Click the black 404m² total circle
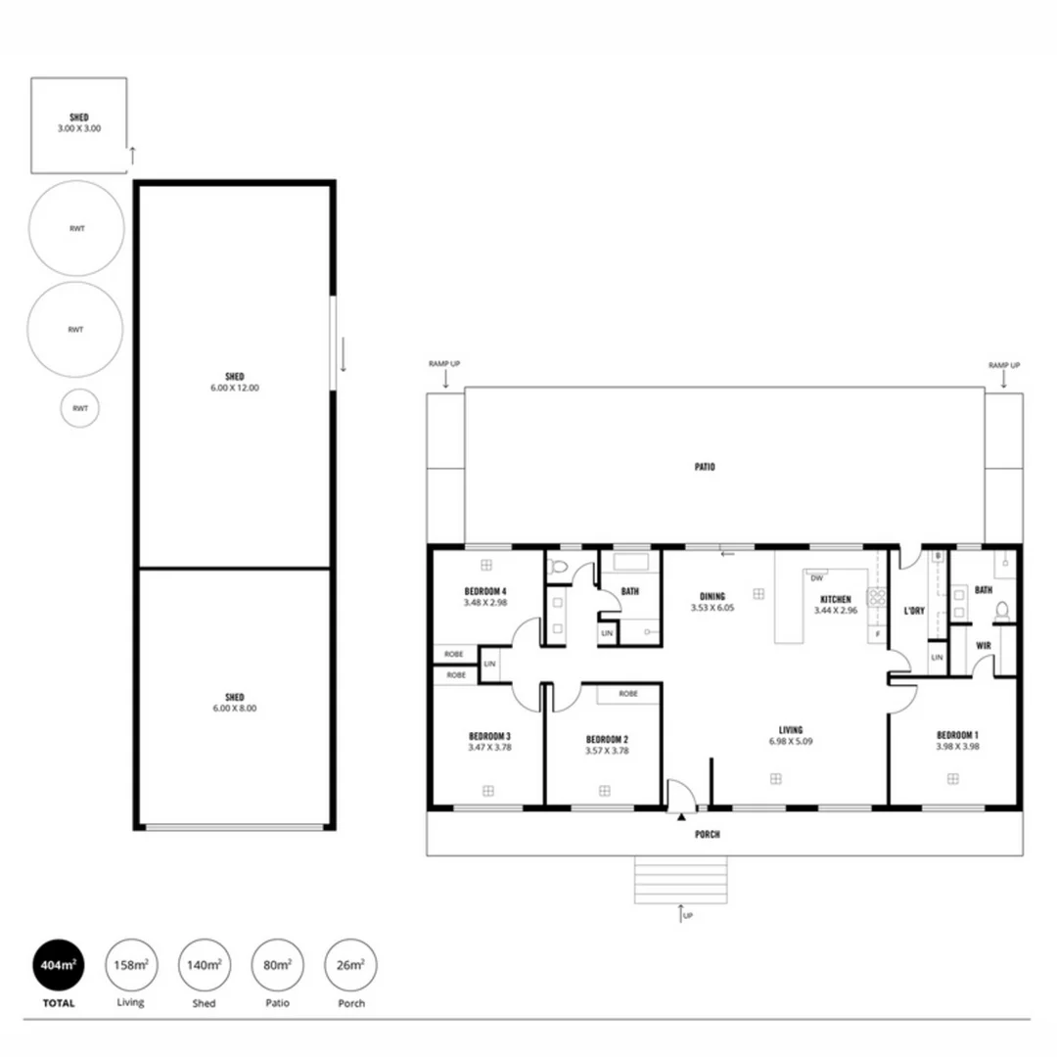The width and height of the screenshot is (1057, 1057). point(58,965)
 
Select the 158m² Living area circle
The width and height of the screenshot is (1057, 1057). point(130,965)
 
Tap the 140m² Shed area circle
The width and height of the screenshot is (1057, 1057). point(204,965)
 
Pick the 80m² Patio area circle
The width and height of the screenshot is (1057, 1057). point(277,965)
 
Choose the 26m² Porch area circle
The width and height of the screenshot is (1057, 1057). point(350,965)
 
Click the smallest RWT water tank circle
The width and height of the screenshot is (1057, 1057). point(79,408)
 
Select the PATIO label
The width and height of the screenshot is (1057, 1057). point(705,468)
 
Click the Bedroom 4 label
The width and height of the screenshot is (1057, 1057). point(485,592)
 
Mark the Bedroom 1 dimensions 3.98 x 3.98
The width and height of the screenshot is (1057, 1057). point(957,746)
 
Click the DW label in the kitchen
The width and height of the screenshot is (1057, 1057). point(815,578)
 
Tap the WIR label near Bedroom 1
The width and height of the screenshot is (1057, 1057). point(984,646)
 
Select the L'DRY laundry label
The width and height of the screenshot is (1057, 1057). point(914,612)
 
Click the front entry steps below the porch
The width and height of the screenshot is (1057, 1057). point(681,881)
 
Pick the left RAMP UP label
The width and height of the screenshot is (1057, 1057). point(443,364)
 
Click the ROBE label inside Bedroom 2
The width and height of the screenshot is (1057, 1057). point(628,694)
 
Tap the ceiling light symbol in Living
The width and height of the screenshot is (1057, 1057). point(775,778)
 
